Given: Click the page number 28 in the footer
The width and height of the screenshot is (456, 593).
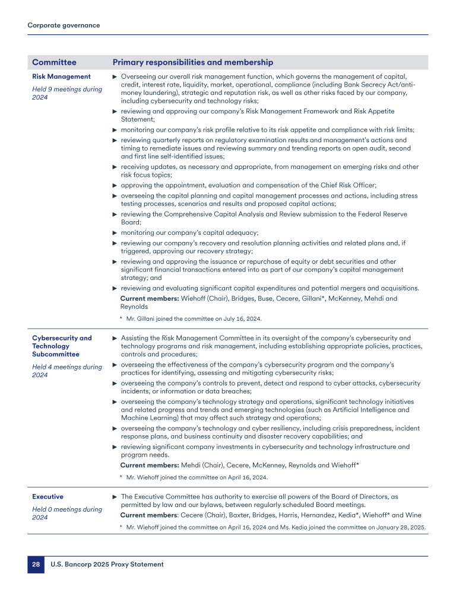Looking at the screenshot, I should pyautogui.click(x=36, y=564).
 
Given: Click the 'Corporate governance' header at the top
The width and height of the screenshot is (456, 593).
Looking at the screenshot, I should pyautogui.click(x=64, y=25).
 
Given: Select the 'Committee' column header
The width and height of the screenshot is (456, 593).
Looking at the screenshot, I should pyautogui.click(x=54, y=62).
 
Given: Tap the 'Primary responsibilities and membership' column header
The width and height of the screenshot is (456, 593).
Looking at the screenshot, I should pyautogui.click(x=193, y=62).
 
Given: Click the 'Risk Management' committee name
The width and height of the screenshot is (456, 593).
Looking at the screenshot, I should pyautogui.click(x=61, y=76).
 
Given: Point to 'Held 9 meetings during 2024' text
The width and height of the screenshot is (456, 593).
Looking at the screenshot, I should pyautogui.click(x=66, y=93).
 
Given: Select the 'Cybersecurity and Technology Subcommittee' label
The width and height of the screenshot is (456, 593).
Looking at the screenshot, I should pyautogui.click(x=62, y=346).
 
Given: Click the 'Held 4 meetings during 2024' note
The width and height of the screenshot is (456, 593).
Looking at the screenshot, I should pyautogui.click(x=66, y=371).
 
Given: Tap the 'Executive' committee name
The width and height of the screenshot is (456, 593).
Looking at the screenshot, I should pyautogui.click(x=47, y=496).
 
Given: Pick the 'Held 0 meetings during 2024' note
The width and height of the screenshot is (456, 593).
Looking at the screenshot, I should pyautogui.click(x=66, y=513).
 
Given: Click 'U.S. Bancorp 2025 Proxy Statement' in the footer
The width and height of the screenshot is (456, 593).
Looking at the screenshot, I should pyautogui.click(x=107, y=564).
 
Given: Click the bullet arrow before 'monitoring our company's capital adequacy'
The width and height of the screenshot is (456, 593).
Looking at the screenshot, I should pyautogui.click(x=115, y=233).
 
